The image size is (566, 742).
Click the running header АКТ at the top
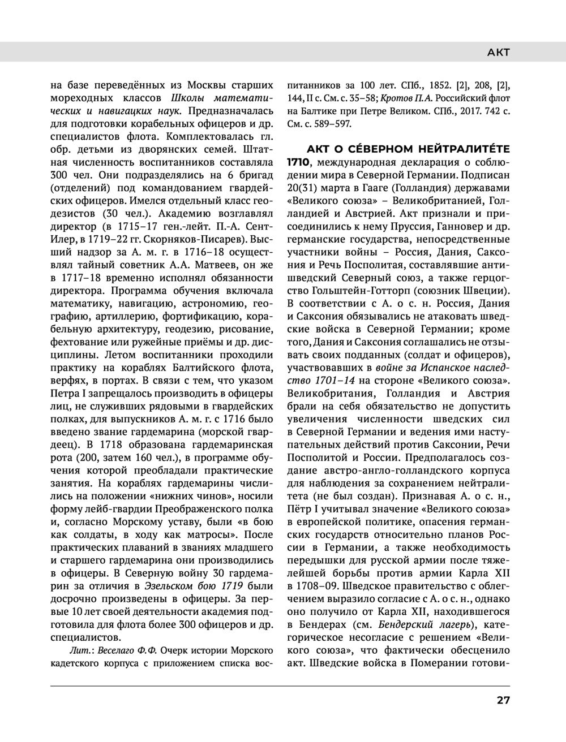pos(499,53)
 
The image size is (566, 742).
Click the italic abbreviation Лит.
pos(77,649)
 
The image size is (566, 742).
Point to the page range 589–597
pos(333,123)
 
